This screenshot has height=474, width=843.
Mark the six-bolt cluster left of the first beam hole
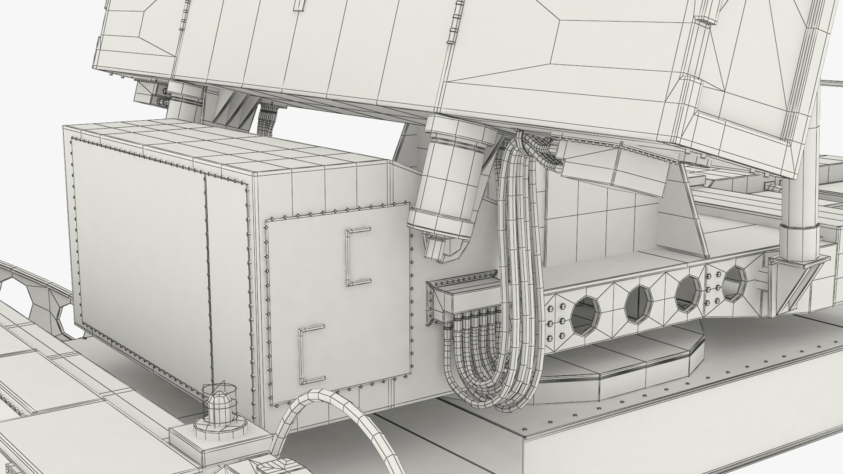(555, 323)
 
